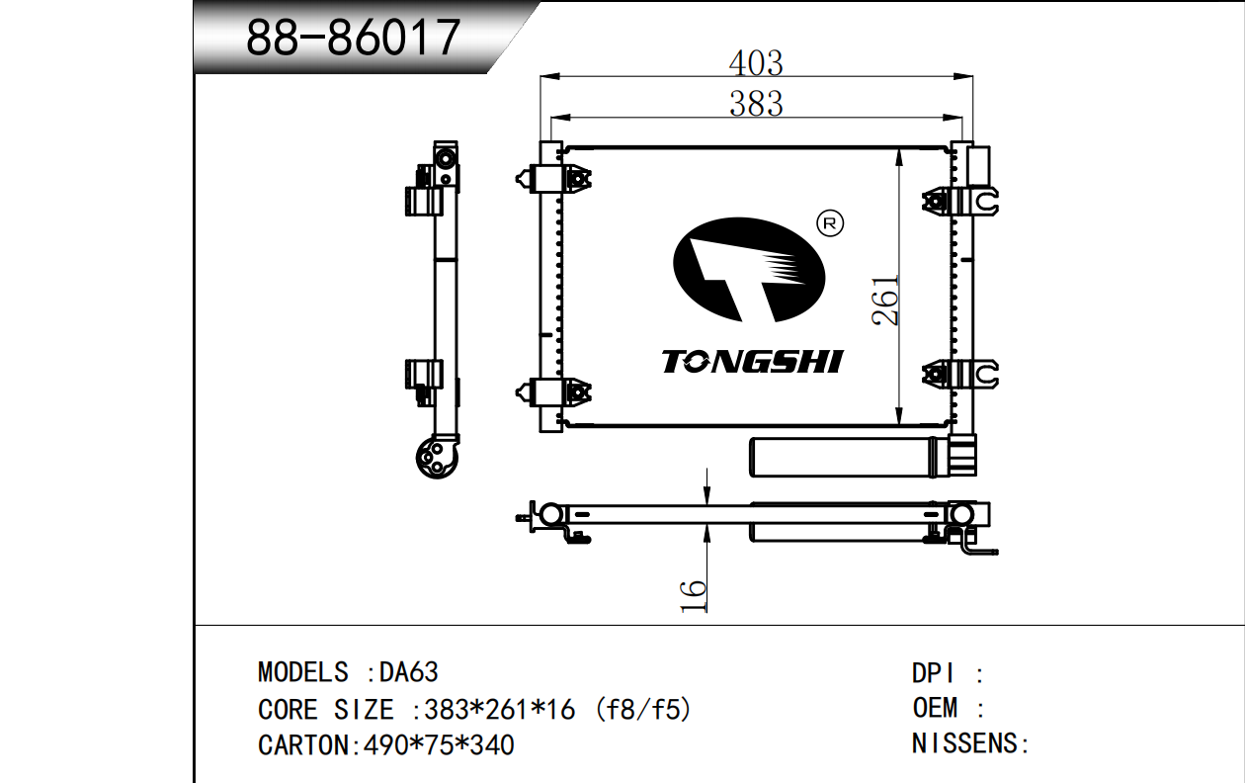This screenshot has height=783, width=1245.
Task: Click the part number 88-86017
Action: pyautogui.click(x=353, y=38)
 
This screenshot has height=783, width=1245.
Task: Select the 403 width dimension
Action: pyautogui.click(x=756, y=63)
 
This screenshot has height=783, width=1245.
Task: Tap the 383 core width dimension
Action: pyautogui.click(x=756, y=104)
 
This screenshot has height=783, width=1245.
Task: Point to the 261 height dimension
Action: pyautogui.click(x=885, y=301)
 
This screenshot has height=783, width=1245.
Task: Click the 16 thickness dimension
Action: pyautogui.click(x=693, y=596)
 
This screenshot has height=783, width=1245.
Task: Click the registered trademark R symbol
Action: pyautogui.click(x=830, y=223)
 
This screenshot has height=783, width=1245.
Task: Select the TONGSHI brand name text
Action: pyautogui.click(x=753, y=362)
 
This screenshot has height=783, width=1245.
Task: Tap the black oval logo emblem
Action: pyautogui.click(x=749, y=270)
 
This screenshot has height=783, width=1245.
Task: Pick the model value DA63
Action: pyautogui.click(x=409, y=672)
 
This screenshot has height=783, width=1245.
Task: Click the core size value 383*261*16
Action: pyautogui.click(x=500, y=710)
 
